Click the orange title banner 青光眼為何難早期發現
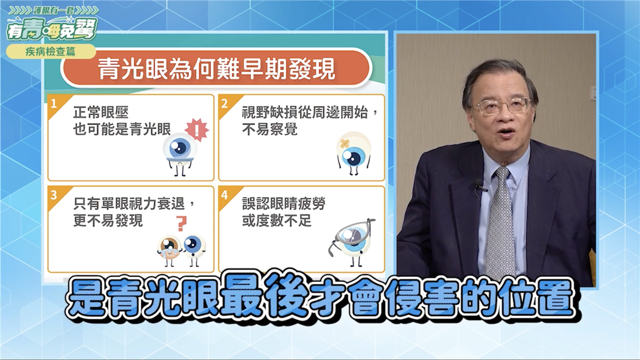217,69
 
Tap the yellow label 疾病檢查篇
51,52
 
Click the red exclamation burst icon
197,130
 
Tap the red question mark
181,223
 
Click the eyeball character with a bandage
354,154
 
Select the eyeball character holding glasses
352,242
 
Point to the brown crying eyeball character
169,250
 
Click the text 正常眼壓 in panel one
101,113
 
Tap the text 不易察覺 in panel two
270,130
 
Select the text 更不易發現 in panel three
108,221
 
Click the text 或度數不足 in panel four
277,221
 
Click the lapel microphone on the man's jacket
480,187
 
